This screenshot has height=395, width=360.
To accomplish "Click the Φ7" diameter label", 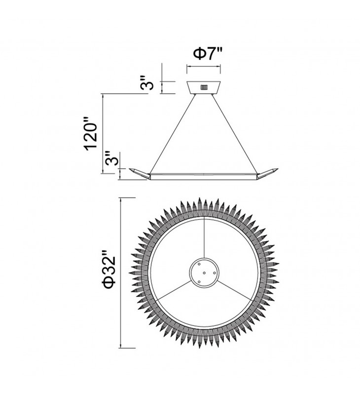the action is coord(208,54).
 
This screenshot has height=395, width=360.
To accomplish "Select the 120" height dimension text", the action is coord(91,133).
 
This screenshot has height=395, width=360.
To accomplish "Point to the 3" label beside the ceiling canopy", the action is coord(146,82).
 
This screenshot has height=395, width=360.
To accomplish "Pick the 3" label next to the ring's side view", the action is coord(111,158).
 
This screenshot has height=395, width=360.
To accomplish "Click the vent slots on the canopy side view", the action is coord(204,87).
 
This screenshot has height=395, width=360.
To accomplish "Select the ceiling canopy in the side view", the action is coord(204,88).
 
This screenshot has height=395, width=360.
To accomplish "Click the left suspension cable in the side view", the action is coord(172,134).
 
